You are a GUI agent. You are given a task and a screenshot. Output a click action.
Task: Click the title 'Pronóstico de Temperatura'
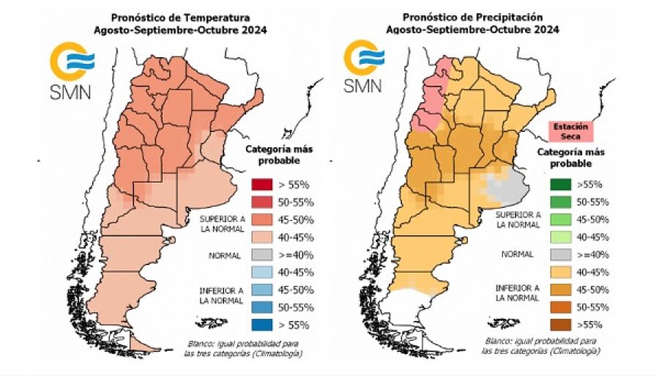pos(179,17)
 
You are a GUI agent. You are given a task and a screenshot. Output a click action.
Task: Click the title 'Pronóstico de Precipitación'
pos(473,17)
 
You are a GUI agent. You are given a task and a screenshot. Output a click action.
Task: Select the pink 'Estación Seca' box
pos(570,132)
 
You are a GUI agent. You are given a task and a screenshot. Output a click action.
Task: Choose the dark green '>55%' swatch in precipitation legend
pos(559,184)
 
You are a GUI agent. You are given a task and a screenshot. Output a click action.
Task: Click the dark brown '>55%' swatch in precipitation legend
pos(559,325)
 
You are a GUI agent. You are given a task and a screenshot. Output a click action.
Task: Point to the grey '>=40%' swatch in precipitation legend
pos(559,254)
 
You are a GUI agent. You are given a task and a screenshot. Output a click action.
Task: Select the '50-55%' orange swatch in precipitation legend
pos(559,307)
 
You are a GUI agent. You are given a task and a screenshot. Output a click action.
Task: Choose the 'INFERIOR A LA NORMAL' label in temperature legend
pos(220,295)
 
